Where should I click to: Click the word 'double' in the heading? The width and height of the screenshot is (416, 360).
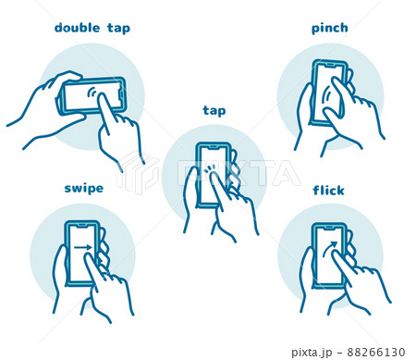pos(77,28)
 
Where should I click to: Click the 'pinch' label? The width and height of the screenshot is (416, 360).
pos(330,28)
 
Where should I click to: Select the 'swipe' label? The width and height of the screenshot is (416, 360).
pos(84,188)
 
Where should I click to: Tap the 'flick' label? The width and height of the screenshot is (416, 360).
pos(328,190)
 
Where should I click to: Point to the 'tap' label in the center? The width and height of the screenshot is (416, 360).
pos(214,111)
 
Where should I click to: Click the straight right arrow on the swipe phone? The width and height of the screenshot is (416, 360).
pos(83,247)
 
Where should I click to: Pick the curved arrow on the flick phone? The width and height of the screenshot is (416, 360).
pos(330,248)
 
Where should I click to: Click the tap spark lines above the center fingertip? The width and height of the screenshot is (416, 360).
pos(209,168)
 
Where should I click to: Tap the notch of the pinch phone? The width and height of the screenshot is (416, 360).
pos(329,65)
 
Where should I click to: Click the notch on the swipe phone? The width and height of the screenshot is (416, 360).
pos(81,226)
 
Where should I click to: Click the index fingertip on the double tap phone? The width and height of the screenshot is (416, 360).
pos(102,97)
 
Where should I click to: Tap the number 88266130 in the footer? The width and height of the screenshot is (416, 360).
pos(376,352)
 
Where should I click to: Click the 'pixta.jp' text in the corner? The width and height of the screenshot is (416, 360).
pos(312,353)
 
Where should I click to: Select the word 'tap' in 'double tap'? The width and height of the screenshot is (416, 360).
pos(118,29)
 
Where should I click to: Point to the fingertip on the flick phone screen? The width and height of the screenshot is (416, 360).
pos(336,254)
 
